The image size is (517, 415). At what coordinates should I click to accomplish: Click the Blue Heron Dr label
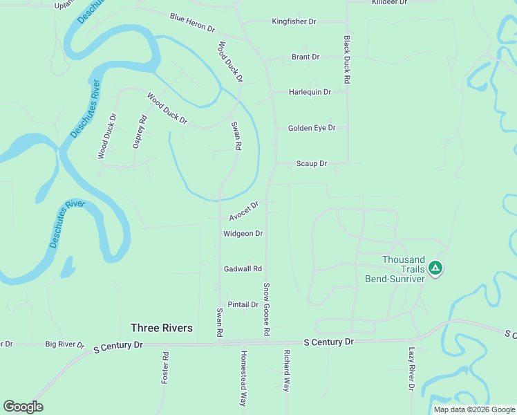(192, 23)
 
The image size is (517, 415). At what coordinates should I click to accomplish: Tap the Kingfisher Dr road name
(294, 22)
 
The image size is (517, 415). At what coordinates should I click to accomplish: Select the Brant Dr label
(305, 57)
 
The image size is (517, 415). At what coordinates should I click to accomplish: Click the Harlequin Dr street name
(310, 92)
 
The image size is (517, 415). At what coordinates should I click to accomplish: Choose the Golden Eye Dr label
(312, 128)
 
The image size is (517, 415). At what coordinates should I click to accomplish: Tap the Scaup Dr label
(311, 164)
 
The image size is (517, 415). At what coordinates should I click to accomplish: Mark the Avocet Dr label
(244, 210)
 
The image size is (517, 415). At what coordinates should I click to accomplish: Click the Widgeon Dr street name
(243, 234)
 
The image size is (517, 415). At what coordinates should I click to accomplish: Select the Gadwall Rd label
(243, 268)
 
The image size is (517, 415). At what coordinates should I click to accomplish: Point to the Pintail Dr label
(243, 304)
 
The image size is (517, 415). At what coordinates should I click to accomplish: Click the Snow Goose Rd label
(266, 309)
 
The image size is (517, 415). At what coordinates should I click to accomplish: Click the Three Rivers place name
(162, 328)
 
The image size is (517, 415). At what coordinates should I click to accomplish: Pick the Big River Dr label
(64, 344)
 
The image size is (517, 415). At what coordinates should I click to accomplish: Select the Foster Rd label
(165, 368)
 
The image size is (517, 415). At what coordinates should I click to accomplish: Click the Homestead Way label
(243, 378)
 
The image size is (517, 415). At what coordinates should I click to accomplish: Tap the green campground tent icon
(435, 267)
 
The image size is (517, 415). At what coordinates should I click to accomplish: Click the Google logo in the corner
(23, 407)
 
